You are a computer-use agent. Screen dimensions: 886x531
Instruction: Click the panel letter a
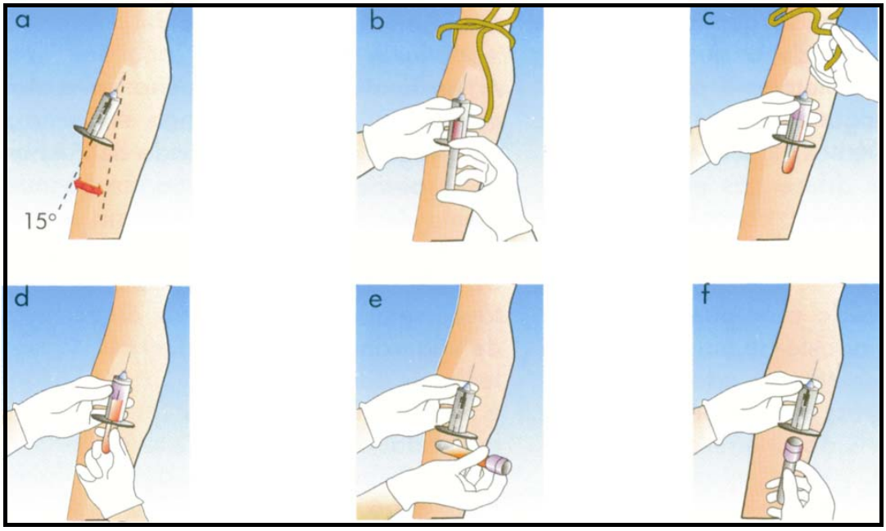tap(23, 21)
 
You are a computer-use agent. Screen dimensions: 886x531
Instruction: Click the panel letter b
tap(377, 20)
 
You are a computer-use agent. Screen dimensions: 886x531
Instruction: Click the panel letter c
tap(708, 19)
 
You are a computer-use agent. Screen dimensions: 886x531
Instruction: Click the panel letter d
tap(21, 297)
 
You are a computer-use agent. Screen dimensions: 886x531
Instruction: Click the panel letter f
tap(706, 295)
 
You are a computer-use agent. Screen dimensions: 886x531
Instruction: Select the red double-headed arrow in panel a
tap(88, 188)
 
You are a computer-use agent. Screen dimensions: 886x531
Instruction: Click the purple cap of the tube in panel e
tap(498, 463)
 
